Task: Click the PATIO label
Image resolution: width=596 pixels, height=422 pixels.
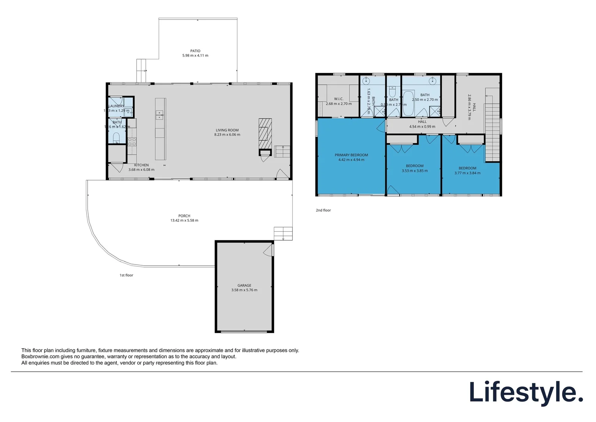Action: (195, 51)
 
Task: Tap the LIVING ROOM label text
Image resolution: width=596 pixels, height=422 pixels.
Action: (227, 130)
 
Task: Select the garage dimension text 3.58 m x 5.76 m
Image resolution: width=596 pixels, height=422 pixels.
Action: (244, 290)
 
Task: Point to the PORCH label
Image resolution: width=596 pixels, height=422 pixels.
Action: (184, 216)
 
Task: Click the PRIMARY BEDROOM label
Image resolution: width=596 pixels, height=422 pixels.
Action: (351, 155)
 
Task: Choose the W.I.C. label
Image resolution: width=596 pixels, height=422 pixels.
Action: (339, 99)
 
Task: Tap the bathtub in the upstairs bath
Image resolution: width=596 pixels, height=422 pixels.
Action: (408, 103)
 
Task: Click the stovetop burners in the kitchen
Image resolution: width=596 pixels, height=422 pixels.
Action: (132, 141)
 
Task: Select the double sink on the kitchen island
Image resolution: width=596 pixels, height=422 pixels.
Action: (160, 115)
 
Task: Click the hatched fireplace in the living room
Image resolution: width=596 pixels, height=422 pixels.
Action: (265, 133)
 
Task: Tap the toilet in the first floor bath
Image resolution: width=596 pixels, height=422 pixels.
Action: (116, 138)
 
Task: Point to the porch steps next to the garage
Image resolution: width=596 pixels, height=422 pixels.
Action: (283, 233)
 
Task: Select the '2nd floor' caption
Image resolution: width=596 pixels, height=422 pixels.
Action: (323, 210)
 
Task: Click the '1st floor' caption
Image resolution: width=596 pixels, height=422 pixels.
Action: (126, 275)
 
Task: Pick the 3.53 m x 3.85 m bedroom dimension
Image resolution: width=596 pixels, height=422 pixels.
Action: (415, 171)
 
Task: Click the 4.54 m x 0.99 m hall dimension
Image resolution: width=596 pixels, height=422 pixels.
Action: (422, 127)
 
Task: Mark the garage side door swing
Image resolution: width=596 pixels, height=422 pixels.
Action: (268, 250)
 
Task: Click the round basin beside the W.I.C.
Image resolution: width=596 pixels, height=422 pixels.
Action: (366, 81)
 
